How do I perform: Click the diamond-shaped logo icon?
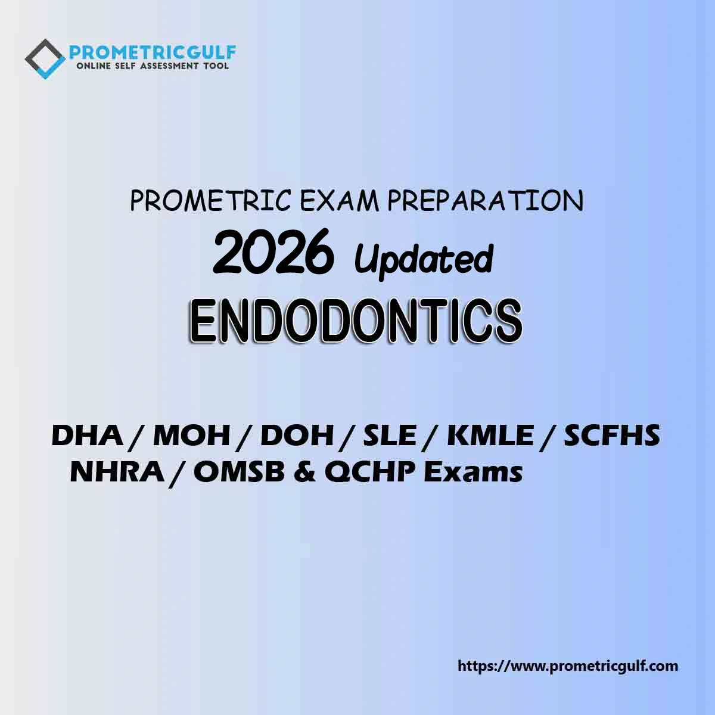pos(45,59)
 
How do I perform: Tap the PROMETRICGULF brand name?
pos(153,52)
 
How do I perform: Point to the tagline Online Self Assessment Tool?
pos(152,66)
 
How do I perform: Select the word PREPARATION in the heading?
pos(486,201)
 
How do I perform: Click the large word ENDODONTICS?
pos(356,322)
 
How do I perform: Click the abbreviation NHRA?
pos(117,472)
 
